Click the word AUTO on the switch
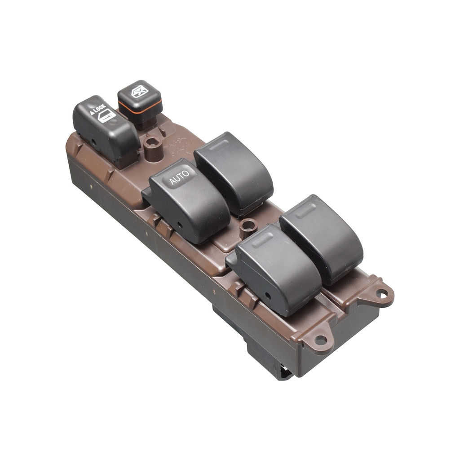coord(179,178)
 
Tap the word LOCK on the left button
coord(99,108)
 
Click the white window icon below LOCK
coord(106,116)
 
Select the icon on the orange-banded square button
coord(139,91)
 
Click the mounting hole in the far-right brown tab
coord(381,294)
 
